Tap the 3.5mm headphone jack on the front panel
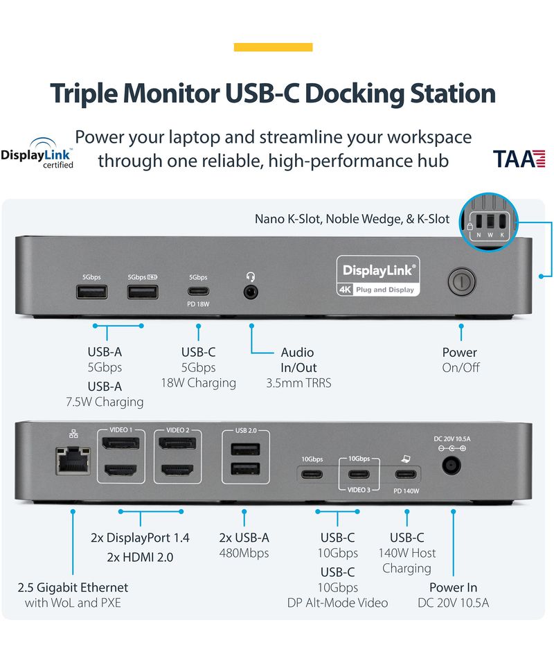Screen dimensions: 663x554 (x=250, y=291)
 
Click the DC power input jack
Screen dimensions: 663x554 (x=452, y=463)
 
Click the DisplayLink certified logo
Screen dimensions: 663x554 (x=38, y=154)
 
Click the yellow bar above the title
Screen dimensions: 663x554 (x=273, y=47)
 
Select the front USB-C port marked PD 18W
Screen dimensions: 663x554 (x=198, y=292)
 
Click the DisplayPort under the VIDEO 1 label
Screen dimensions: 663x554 (x=121, y=444)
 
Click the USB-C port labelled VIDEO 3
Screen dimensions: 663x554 (x=359, y=474)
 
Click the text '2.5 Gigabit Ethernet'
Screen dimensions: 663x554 (x=73, y=587)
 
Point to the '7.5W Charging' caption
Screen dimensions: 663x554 (x=104, y=402)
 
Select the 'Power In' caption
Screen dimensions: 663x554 (x=453, y=587)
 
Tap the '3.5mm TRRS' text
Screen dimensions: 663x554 (x=298, y=382)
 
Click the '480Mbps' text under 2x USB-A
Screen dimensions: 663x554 (x=244, y=553)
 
